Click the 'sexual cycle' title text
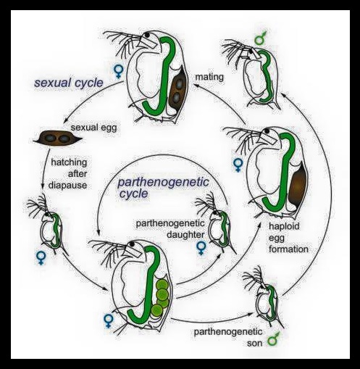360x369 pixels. pyautogui.click(x=69, y=83)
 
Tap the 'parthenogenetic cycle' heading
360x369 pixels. pyautogui.click(x=163, y=188)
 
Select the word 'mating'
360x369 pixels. pyautogui.click(x=209, y=78)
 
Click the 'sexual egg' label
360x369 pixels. pyautogui.click(x=93, y=127)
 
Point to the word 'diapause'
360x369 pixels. pyautogui.click(x=68, y=186)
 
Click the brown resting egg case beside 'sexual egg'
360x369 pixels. pyautogui.click(x=57, y=138)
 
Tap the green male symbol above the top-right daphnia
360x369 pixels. pyautogui.click(x=260, y=38)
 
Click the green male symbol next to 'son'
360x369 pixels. pyautogui.click(x=273, y=339)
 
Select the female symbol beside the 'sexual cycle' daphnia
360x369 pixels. pyautogui.click(x=118, y=72)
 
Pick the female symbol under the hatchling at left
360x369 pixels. pyautogui.click(x=41, y=258)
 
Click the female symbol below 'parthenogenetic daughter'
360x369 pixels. pyautogui.click(x=201, y=249)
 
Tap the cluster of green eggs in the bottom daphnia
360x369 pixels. pyautogui.click(x=161, y=298)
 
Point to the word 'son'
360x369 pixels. pyautogui.click(x=255, y=343)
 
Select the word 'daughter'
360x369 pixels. pyautogui.click(x=185, y=235)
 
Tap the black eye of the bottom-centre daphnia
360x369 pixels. pyautogui.click(x=133, y=244)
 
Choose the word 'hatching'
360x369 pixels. pyautogui.click(x=69, y=162)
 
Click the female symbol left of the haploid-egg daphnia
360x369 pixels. pyautogui.click(x=238, y=165)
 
